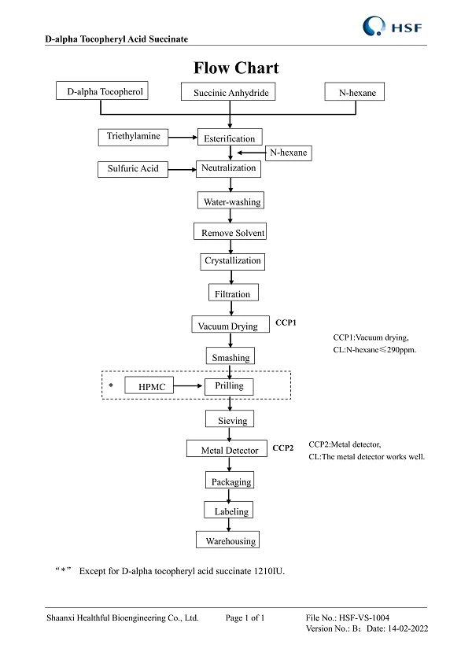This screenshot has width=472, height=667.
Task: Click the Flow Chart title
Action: tap(236, 68)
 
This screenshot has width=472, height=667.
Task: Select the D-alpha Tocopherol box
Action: tap(102, 91)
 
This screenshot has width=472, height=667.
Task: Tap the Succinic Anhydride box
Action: tap(230, 93)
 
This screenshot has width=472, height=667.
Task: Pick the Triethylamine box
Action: tap(133, 137)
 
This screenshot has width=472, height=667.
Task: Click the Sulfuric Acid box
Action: tap(133, 168)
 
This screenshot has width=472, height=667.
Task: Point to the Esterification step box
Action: tap(230, 138)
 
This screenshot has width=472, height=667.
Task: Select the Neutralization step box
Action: tap(229, 168)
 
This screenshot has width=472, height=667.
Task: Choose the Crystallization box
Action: tap(232, 260)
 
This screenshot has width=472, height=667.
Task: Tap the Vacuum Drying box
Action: tap(227, 325)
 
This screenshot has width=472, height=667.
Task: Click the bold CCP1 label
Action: tap(286, 322)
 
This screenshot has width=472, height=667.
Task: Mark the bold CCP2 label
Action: tap(283, 448)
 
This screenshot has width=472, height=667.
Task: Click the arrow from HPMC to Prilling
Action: tap(189, 386)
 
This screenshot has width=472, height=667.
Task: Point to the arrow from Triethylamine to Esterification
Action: tap(183, 138)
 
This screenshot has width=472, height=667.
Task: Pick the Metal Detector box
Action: tap(229, 450)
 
